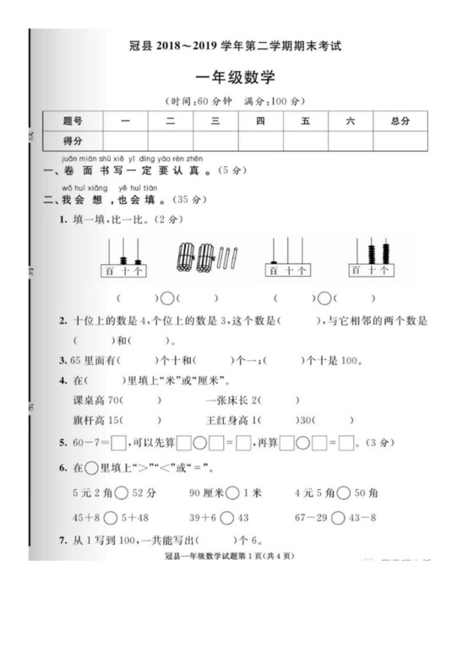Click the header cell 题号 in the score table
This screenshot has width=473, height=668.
point(74,121)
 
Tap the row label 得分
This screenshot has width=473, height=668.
point(74,140)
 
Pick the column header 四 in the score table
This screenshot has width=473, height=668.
point(260,121)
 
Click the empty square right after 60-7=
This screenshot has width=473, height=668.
point(119,441)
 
